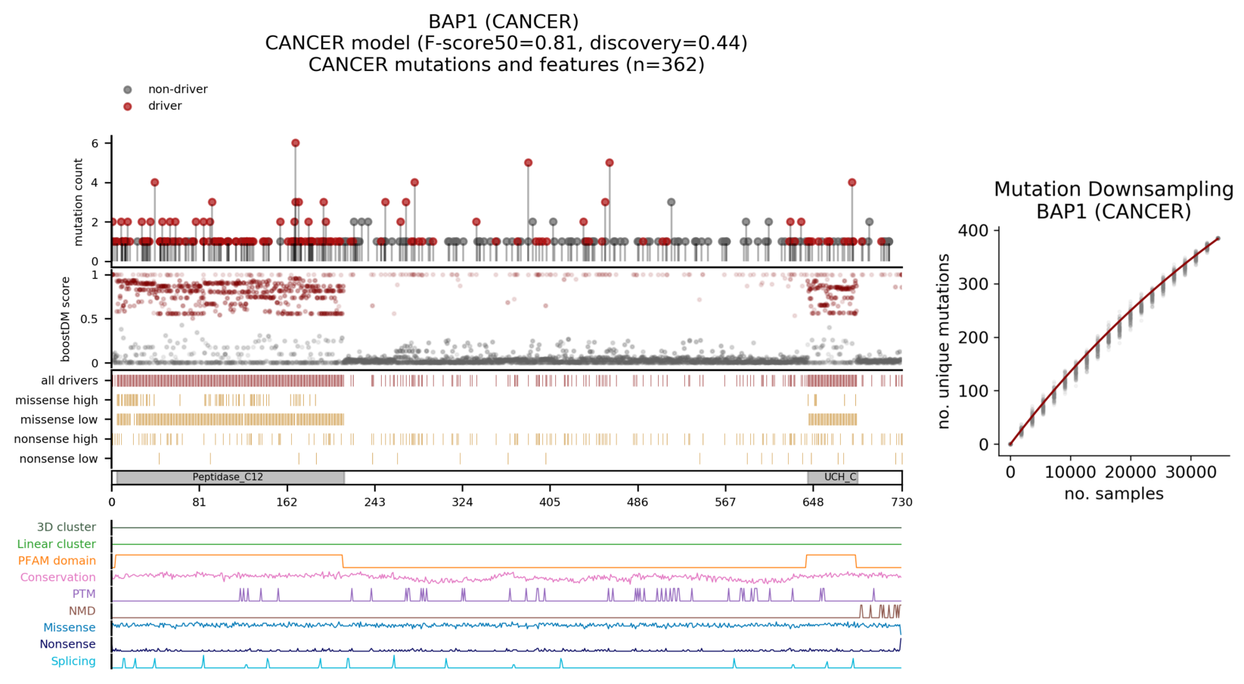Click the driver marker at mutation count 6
click(x=296, y=143)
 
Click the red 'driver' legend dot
click(x=128, y=107)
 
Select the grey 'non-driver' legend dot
click(x=128, y=90)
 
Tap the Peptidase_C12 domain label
click(x=228, y=478)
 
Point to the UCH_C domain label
click(x=840, y=478)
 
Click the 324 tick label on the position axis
click(x=462, y=503)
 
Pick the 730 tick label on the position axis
click(x=901, y=503)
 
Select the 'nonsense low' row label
click(x=59, y=459)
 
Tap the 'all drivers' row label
click(x=70, y=381)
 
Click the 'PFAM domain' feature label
click(x=57, y=561)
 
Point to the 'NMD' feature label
click(x=82, y=611)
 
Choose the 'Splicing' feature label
click(x=73, y=661)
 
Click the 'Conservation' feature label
click(x=58, y=577)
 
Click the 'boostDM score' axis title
click(x=66, y=319)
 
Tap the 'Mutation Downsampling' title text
click(x=1113, y=189)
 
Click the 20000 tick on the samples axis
click(x=1131, y=472)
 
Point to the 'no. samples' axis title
click(x=1113, y=494)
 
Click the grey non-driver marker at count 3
click(x=671, y=203)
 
